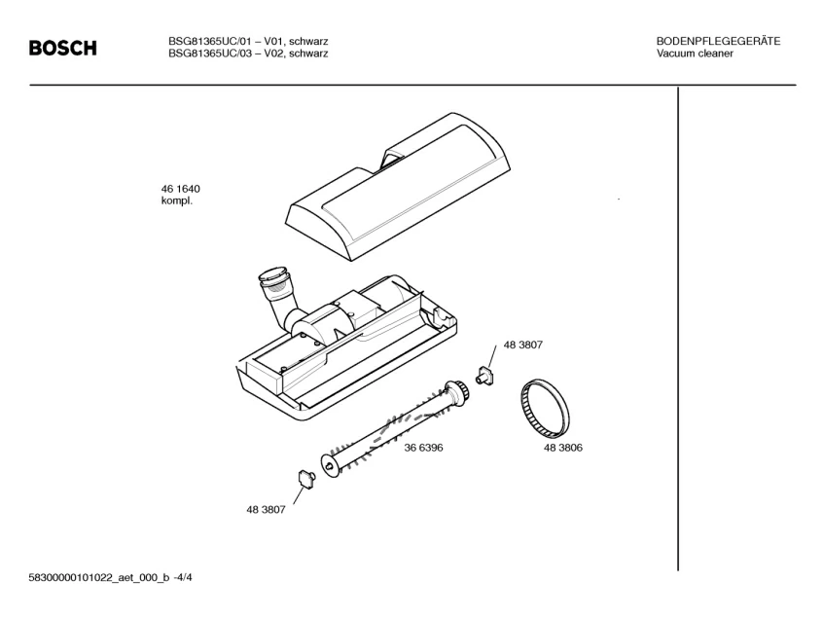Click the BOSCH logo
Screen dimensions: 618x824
62,48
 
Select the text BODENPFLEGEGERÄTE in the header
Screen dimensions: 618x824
718,41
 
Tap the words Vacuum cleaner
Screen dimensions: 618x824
695,54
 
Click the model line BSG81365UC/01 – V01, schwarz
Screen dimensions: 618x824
247,41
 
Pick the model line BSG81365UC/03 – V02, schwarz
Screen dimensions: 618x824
247,54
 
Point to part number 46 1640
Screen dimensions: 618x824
181,189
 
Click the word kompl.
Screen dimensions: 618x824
177,201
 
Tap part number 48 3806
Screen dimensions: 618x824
563,448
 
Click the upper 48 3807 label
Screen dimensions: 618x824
522,345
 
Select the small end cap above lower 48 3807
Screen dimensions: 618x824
305,478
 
